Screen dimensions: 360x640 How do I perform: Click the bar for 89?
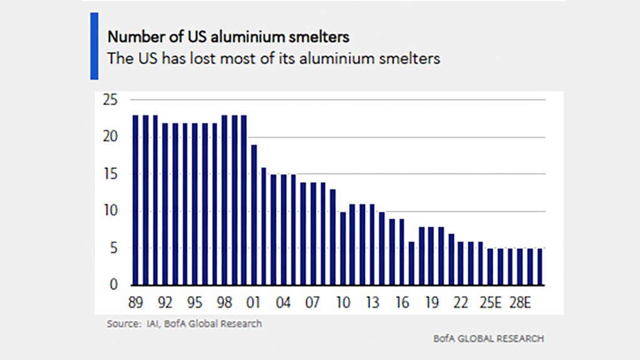point(135,200)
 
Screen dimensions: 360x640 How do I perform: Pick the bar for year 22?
point(461,263)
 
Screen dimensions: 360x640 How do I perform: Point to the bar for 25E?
point(491,267)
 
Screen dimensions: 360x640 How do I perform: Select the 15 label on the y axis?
point(110,175)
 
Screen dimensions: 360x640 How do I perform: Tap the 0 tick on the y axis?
point(114,285)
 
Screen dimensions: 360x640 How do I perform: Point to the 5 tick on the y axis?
point(114,249)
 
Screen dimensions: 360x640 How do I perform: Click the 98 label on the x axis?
point(224,303)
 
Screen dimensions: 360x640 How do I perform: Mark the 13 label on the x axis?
point(372,303)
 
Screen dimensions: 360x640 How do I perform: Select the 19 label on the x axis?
point(431,303)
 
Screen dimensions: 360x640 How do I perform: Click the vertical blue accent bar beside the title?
point(95,46)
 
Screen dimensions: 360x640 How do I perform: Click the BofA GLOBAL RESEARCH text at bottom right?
point(488,339)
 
